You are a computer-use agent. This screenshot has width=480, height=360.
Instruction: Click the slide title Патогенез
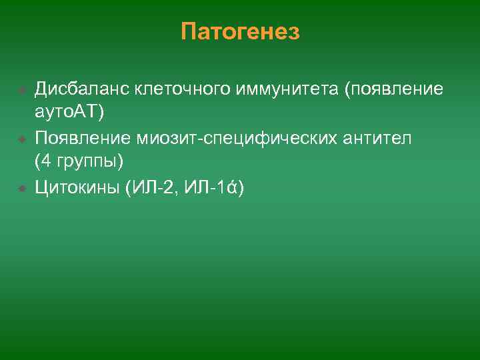pos(240,31)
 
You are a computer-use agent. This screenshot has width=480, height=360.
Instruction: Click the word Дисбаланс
pos(81,88)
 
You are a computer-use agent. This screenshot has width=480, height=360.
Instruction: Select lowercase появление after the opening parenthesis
pos(396,88)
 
